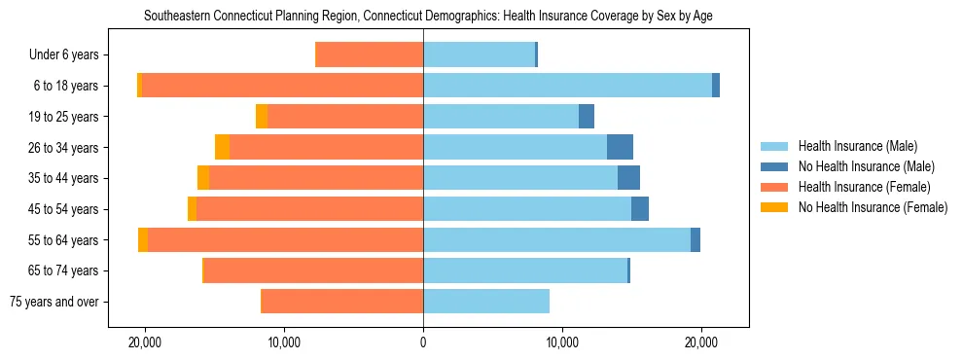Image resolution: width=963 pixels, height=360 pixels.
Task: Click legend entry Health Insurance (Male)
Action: point(857,146)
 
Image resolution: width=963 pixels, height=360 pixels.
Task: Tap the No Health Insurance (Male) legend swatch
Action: point(775,166)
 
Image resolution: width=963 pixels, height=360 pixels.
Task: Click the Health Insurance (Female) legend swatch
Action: point(775,187)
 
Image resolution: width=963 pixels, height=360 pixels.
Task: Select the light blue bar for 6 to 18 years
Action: point(567,86)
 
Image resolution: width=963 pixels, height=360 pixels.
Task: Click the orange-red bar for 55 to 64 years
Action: point(285,240)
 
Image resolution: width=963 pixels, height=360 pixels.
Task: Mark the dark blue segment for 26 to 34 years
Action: point(620,147)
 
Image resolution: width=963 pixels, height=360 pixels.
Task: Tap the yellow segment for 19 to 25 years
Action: point(262,117)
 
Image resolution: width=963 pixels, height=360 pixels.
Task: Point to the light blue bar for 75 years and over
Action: point(486,302)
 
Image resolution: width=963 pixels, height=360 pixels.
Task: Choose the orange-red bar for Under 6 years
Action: point(370,55)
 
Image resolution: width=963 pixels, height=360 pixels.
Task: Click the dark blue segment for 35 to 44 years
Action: point(628,178)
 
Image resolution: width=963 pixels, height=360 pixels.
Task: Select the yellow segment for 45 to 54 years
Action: point(193,209)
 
